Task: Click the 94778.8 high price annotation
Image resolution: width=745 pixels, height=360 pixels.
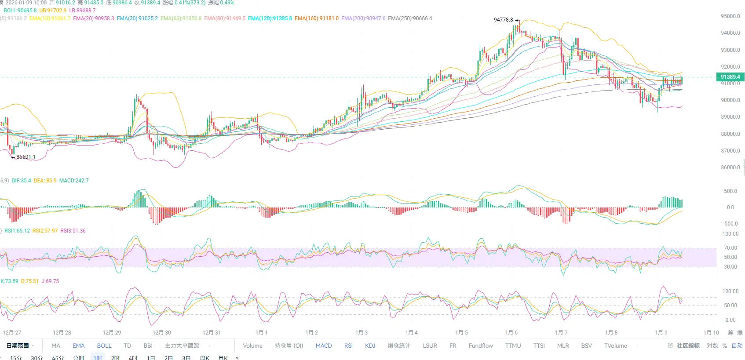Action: click(503, 20)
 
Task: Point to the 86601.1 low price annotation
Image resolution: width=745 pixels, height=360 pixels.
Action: click(26, 157)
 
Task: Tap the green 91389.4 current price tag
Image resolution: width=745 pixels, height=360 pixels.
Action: click(730, 77)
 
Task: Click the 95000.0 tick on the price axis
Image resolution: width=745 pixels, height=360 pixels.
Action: click(730, 16)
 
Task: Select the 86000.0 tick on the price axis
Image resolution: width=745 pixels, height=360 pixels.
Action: click(730, 167)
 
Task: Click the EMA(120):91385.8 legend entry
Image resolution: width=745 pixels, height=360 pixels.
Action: click(270, 18)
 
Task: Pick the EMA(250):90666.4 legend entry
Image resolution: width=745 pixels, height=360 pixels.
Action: click(410, 18)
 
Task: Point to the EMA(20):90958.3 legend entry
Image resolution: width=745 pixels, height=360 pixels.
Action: click(93, 18)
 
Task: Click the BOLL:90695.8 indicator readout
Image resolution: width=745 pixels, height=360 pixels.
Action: click(20, 11)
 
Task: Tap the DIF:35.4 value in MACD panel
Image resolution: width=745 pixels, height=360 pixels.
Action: click(21, 181)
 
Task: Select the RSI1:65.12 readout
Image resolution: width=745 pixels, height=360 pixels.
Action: click(17, 231)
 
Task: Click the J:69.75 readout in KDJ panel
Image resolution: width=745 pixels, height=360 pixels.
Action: click(50, 281)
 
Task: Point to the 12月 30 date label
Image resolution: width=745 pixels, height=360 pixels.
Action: click(161, 333)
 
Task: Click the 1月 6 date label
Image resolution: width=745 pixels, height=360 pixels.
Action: click(511, 333)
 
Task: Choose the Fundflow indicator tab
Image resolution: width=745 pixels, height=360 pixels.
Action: click(481, 346)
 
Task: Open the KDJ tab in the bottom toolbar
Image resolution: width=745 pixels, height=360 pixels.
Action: click(370, 346)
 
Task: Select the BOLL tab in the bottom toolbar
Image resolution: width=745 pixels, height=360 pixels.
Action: click(104, 346)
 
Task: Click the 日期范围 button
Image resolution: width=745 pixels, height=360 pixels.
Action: click(18, 346)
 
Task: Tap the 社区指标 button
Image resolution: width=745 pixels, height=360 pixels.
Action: click(688, 346)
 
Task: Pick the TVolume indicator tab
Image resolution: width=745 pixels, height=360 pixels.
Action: click(615, 346)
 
